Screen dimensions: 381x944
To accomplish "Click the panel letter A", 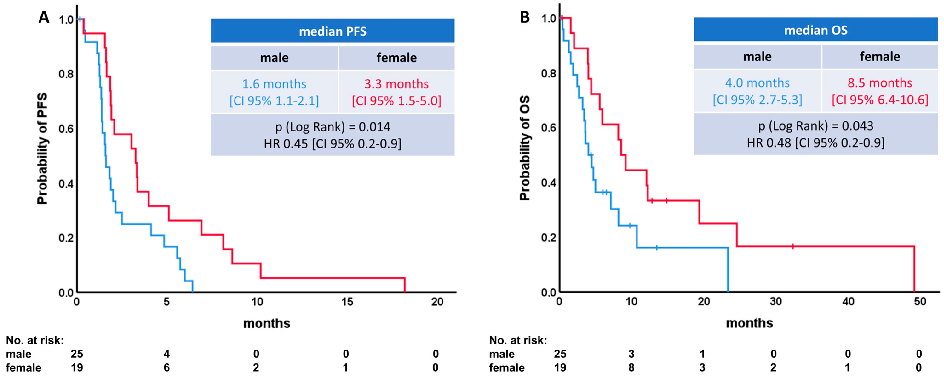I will [x=44, y=17].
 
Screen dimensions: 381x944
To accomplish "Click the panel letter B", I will [x=525, y=17].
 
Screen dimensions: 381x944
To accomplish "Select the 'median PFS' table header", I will [x=332, y=31].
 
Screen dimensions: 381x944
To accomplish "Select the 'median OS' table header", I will [x=815, y=30].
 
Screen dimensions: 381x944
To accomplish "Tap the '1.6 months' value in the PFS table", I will [x=274, y=84].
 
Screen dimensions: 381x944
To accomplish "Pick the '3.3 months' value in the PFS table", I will [x=396, y=84].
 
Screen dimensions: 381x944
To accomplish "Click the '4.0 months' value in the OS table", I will [x=757, y=83].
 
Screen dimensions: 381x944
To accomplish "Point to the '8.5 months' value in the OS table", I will [x=880, y=83].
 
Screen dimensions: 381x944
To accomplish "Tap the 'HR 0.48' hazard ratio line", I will [x=815, y=142].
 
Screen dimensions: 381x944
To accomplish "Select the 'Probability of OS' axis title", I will [x=525, y=148].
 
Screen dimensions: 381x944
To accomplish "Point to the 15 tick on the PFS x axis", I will [x=347, y=302].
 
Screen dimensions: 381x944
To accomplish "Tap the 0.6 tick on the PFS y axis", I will [x=66, y=129].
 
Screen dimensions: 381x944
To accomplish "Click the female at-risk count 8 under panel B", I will [x=631, y=367].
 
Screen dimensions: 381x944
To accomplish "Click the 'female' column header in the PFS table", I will [x=396, y=57].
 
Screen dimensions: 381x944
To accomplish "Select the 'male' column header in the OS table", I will [x=757, y=57].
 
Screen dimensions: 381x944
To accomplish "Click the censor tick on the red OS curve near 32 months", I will [x=793, y=246].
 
